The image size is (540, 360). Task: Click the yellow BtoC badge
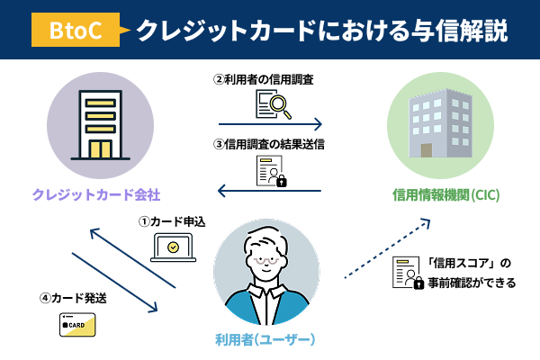[x=77, y=31]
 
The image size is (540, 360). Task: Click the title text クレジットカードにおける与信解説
[x=320, y=31]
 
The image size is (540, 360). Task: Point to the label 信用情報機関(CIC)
[x=446, y=194]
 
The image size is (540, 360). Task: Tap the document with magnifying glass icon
[x=269, y=105]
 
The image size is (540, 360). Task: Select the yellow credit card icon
[x=78, y=324]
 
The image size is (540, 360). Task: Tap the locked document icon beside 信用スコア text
[x=407, y=273]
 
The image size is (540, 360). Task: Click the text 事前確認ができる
[x=474, y=283]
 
